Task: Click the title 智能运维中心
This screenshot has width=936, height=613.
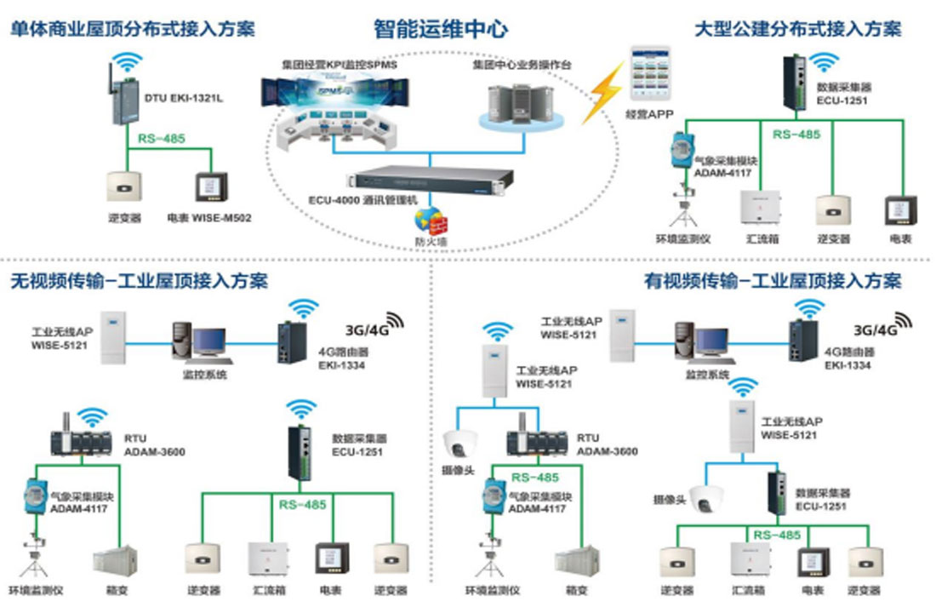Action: pos(441,29)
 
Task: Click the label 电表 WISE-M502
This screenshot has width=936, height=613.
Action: pos(209,217)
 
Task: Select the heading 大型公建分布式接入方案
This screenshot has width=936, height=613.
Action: pos(798,29)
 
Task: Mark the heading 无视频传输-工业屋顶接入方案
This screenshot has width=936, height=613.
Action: pos(139,280)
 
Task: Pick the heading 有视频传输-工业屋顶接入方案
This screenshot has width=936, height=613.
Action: pos(773,280)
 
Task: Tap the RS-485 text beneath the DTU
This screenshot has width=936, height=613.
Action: pos(162,138)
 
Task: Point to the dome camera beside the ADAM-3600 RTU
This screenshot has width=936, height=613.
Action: pos(461,445)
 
